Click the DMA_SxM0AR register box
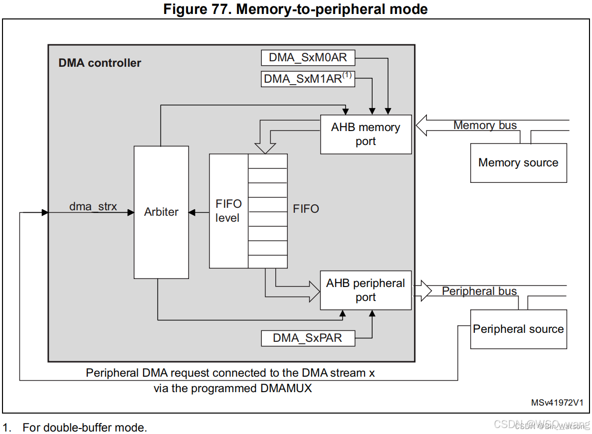308,57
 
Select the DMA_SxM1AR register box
308,79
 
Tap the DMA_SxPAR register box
308,338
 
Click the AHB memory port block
366,134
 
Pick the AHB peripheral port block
366,290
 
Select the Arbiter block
161,212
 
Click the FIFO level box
228,211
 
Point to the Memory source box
518,163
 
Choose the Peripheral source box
518,329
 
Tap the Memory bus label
485,125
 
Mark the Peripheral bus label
479,291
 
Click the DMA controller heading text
100,63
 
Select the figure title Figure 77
296,9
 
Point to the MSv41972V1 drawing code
556,402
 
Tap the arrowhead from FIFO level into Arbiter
192,212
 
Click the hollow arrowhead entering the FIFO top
265,148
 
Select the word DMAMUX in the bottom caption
286,388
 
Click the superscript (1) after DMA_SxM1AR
347,75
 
